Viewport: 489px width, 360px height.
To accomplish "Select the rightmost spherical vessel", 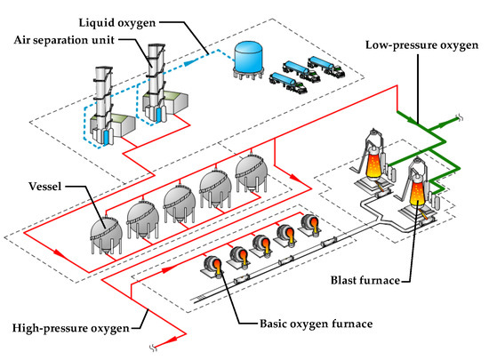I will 253,169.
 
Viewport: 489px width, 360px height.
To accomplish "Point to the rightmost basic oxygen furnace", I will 310,223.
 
